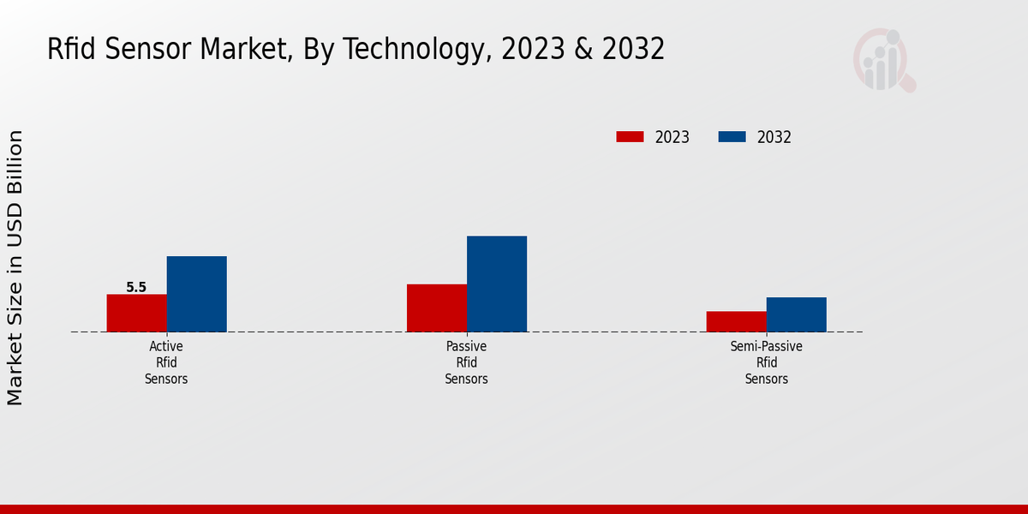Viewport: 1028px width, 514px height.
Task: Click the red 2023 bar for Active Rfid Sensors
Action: point(136,313)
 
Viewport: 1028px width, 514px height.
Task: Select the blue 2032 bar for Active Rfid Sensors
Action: point(196,294)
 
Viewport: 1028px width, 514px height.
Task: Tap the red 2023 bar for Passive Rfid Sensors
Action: point(437,308)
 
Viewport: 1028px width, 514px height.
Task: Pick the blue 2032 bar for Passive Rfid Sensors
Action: point(497,284)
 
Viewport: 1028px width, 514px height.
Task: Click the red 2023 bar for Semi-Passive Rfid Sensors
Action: point(736,321)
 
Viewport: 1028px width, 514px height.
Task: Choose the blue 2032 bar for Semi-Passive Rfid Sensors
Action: point(796,314)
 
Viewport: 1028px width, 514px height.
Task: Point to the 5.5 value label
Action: point(136,288)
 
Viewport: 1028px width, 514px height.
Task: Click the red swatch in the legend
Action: point(630,137)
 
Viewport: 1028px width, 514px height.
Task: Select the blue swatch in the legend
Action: point(732,137)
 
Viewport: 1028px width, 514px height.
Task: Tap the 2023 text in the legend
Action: point(672,137)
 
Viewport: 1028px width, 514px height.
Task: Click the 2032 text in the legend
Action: point(774,137)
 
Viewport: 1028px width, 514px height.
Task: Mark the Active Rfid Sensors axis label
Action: point(166,362)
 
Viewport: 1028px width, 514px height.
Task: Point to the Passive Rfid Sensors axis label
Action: point(466,362)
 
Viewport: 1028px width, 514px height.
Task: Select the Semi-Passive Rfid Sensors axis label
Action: point(766,362)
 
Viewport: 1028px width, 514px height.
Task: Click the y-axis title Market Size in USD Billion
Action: point(15,267)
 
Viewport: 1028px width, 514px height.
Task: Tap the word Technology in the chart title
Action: point(399,50)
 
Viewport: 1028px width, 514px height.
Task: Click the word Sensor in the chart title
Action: point(146,50)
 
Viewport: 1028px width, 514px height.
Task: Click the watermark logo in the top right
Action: point(883,60)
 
